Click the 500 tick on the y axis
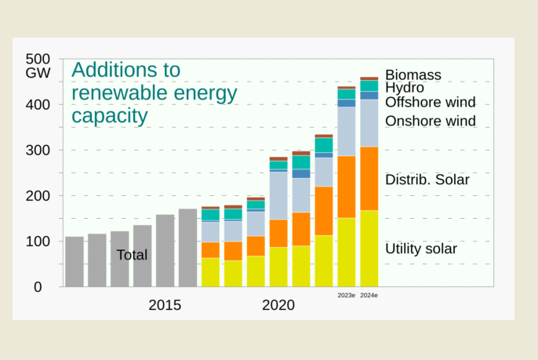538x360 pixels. [38, 59]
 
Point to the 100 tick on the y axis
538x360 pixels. [38, 242]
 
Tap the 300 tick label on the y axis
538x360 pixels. [38, 150]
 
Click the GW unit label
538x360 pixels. [37, 74]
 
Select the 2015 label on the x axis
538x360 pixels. [165, 305]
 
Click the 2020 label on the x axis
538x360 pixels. [278, 305]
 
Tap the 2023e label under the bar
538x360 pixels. [347, 296]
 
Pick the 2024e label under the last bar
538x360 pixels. [369, 296]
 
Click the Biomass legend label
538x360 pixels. [413, 75]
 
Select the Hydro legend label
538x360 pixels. [404, 88]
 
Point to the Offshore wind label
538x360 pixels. [430, 103]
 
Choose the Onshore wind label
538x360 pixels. [430, 121]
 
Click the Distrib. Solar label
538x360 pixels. [427, 180]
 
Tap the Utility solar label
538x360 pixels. [420, 249]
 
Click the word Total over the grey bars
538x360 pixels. [132, 255]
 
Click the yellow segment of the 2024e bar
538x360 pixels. [369, 249]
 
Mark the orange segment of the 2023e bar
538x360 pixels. [347, 187]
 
